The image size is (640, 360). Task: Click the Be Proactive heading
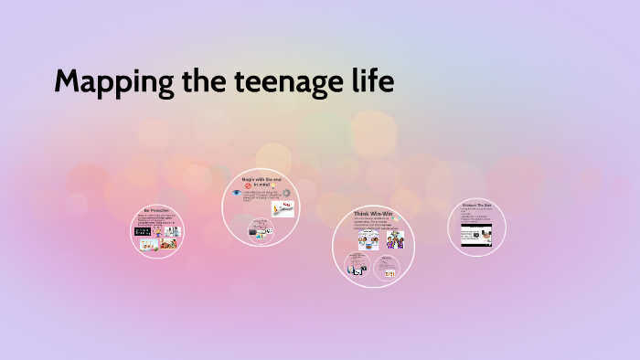click(x=156, y=211)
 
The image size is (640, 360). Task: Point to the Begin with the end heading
click(x=262, y=180)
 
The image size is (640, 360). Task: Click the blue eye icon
click(x=236, y=194)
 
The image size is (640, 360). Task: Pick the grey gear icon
click(x=286, y=194)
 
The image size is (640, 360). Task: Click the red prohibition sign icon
click(x=247, y=185)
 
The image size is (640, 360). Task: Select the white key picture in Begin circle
click(x=283, y=209)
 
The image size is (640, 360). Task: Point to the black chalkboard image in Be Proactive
click(x=142, y=231)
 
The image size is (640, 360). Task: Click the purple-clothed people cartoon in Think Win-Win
click(x=395, y=239)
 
